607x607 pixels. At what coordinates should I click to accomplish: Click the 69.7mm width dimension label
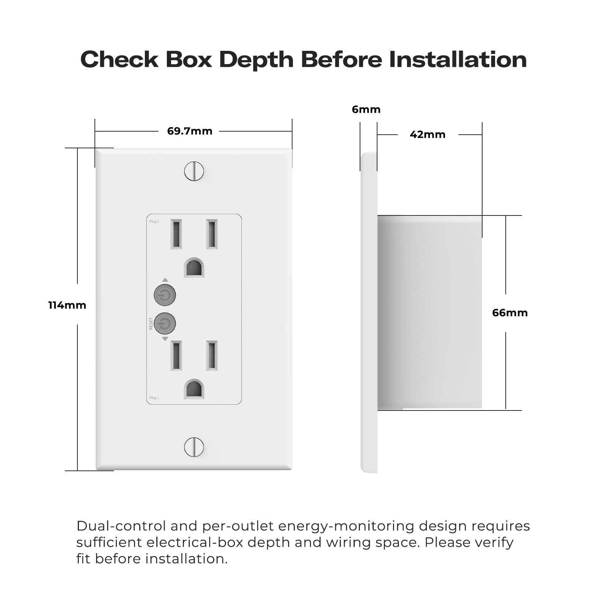[x=190, y=131]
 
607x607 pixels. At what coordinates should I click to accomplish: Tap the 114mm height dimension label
[x=67, y=305]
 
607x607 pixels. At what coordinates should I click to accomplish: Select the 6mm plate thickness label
[x=366, y=109]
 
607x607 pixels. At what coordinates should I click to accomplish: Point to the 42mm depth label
[x=428, y=134]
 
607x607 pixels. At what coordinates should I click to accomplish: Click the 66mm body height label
[x=510, y=313]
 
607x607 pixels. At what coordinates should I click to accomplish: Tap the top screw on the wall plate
[x=194, y=171]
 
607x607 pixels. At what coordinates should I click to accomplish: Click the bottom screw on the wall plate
[x=194, y=447]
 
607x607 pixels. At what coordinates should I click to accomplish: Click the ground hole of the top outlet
[x=194, y=267]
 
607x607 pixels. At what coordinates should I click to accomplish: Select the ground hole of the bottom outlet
[x=194, y=389]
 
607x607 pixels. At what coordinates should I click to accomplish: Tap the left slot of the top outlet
[x=176, y=234]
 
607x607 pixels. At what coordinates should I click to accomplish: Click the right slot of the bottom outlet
[x=212, y=355]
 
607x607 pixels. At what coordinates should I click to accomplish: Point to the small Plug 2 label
[x=154, y=222]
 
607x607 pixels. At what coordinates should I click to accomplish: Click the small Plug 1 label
[x=154, y=398]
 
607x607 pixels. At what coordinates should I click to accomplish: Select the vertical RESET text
[x=151, y=324]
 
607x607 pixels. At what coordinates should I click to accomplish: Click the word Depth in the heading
[x=256, y=60]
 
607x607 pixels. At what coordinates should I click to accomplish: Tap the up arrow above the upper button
[x=165, y=280]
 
